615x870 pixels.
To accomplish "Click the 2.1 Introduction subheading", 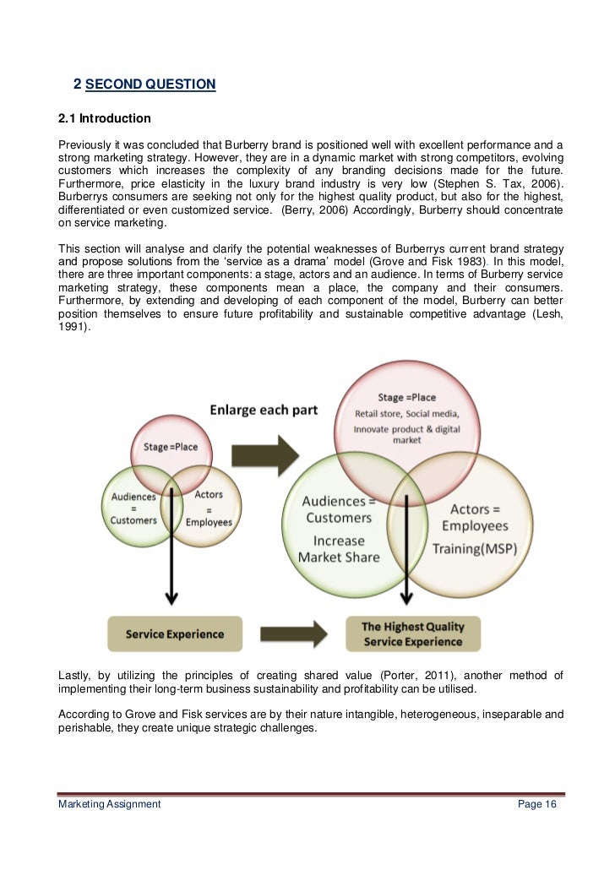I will [104, 118].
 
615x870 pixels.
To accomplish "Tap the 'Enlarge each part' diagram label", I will [264, 410].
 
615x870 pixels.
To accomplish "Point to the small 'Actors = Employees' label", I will [209, 508].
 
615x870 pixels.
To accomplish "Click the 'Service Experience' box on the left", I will [175, 633].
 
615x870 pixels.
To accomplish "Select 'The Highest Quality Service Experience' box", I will [413, 633].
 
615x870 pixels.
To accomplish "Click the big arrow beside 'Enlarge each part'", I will [267, 455].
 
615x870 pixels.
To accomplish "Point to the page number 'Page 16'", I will [536, 804].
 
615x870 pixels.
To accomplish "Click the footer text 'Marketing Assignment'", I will [109, 804].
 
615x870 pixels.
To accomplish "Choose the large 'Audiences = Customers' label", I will [339, 509].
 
